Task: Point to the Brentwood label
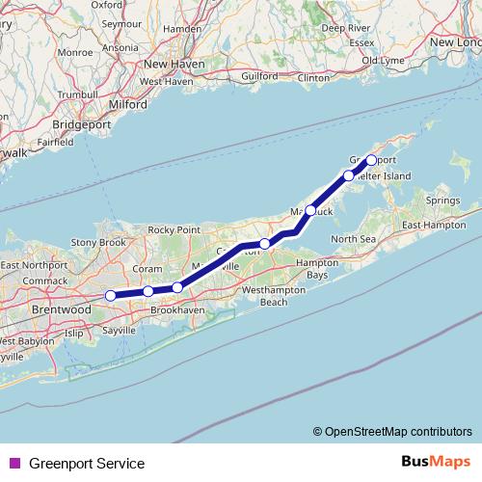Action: pos(60,311)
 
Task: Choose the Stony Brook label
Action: pos(100,243)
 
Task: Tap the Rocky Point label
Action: pos(174,229)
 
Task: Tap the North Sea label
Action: pos(353,238)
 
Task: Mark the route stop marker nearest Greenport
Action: pos(371,160)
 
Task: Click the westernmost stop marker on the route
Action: pos(111,295)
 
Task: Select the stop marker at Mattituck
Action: pos(310,209)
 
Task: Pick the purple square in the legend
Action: pos(15,464)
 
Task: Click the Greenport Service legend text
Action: pos(87,464)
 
